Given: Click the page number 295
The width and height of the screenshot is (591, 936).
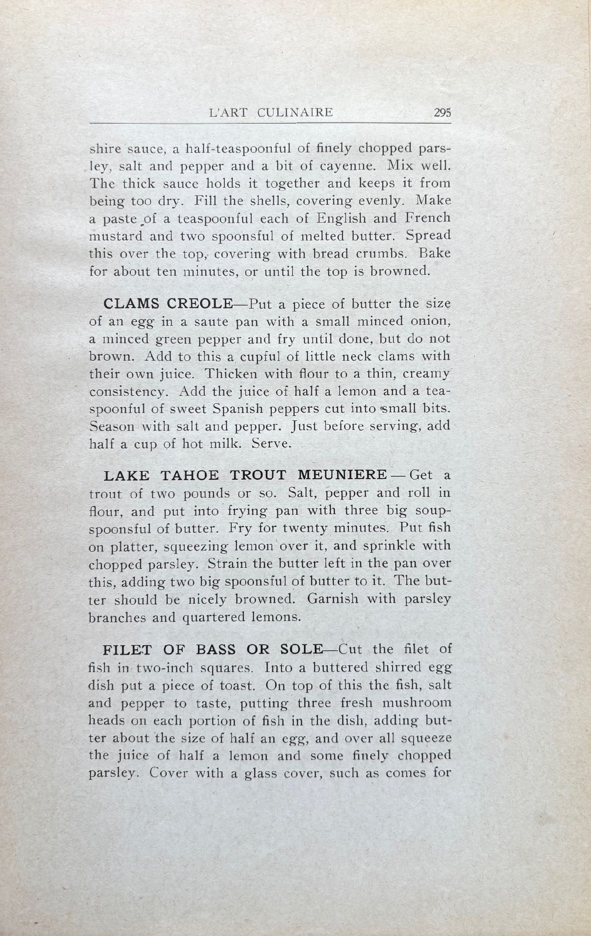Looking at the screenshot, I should (x=442, y=113).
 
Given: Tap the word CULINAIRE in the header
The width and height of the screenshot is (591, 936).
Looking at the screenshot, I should (x=295, y=113).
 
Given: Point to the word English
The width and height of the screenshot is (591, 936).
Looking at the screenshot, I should (x=341, y=219).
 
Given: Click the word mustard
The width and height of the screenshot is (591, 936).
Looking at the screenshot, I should (x=116, y=236).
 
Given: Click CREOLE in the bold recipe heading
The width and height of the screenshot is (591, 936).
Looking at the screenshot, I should (x=200, y=304).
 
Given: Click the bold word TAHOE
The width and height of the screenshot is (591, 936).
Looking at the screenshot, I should (x=190, y=476).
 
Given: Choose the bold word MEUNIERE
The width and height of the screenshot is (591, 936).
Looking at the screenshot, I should (x=342, y=476).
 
